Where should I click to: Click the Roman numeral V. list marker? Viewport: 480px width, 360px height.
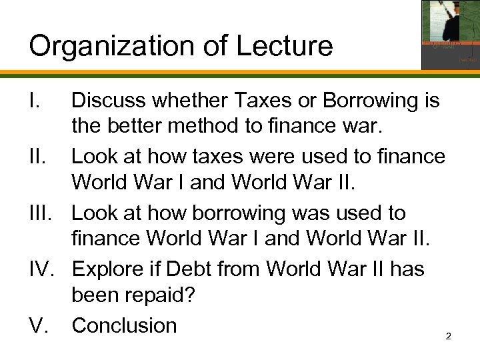pos(39,325)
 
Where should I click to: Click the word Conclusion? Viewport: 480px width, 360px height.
pos(125,325)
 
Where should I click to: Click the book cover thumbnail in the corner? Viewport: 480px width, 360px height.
pos(449,34)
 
